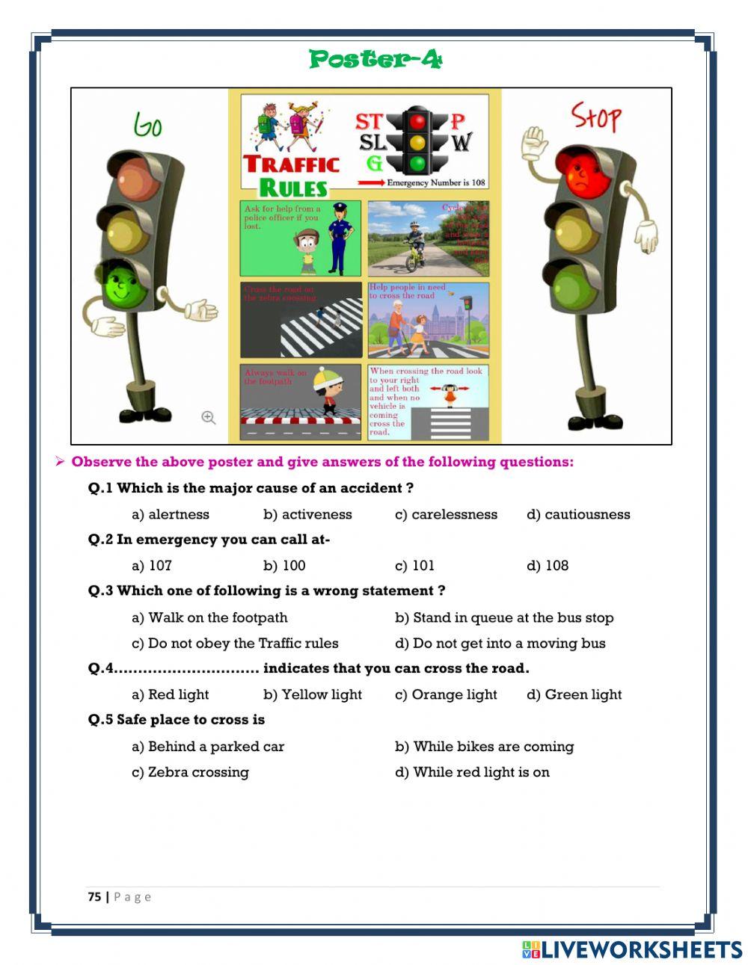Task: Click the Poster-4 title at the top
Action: click(x=375, y=59)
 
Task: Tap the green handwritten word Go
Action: click(x=148, y=125)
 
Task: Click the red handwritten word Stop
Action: click(x=596, y=117)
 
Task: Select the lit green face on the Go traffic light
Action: click(x=123, y=285)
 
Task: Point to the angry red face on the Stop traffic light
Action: click(x=579, y=173)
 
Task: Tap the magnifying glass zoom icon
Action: click(x=209, y=418)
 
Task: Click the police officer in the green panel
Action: click(x=338, y=238)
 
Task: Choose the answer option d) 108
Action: click(x=548, y=566)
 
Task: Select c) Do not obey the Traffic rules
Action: click(x=235, y=644)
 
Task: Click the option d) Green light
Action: click(x=574, y=694)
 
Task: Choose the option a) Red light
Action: click(x=171, y=694)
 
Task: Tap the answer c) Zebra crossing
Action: click(x=190, y=772)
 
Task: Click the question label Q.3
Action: click(x=100, y=591)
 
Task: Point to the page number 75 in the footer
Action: click(x=94, y=896)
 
